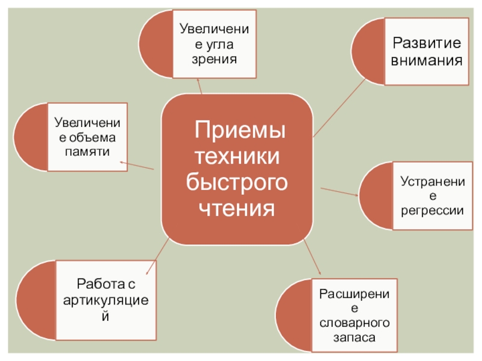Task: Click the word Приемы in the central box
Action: pyautogui.click(x=240, y=130)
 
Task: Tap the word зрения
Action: pyautogui.click(x=213, y=59)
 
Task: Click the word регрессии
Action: pyautogui.click(x=432, y=210)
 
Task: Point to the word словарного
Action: pyautogui.click(x=355, y=323)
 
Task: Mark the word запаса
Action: pyautogui.click(x=355, y=338)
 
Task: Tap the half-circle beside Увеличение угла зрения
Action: pyautogui.click(x=155, y=43)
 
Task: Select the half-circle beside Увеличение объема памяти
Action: pyautogui.click(x=30, y=137)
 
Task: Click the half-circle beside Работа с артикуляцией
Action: pyautogui.click(x=36, y=299)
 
